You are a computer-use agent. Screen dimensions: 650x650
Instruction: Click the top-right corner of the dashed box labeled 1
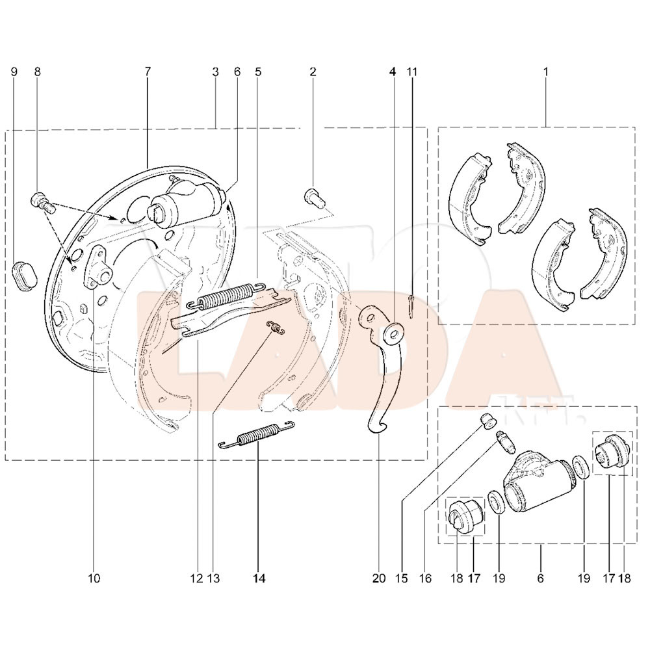[634, 127]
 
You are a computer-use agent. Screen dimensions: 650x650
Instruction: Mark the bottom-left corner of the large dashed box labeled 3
[5, 460]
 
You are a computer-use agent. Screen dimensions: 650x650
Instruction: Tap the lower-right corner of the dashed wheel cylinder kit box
[637, 543]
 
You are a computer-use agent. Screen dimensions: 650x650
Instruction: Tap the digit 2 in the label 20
[376, 578]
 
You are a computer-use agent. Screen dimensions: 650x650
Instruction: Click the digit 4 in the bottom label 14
[262, 578]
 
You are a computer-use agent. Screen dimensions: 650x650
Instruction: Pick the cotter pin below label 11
[411, 306]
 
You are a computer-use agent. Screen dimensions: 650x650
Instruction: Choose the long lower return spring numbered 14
[256, 434]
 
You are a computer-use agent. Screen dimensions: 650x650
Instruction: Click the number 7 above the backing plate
[148, 71]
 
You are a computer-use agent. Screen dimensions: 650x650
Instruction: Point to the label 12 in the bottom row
[197, 578]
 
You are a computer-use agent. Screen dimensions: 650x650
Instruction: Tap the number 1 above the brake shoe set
[545, 71]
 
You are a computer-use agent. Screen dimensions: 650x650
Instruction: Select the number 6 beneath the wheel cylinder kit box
[540, 578]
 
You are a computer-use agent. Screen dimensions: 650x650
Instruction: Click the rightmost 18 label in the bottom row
[625, 578]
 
